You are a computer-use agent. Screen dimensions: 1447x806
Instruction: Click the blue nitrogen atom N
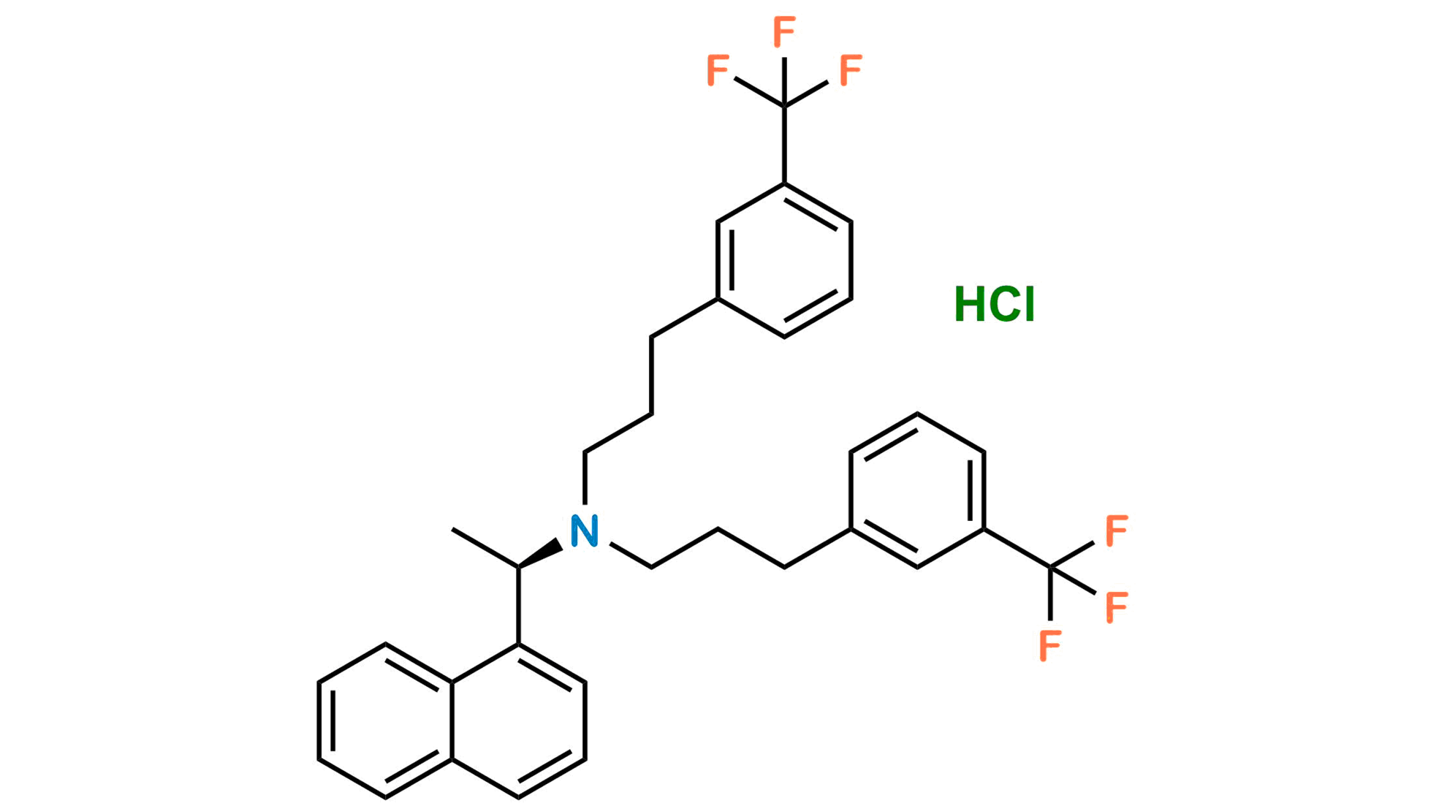(x=585, y=531)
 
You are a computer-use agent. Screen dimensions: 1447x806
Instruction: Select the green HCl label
(x=995, y=304)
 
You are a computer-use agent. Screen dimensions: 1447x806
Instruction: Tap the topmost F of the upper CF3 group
(x=784, y=33)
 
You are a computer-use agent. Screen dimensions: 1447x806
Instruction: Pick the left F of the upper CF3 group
(x=718, y=71)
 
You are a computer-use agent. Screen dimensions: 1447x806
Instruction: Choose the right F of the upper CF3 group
(x=851, y=71)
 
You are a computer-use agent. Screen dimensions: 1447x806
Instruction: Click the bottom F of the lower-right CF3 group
(x=1050, y=646)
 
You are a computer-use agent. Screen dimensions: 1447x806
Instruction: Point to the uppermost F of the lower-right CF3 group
(x=1117, y=531)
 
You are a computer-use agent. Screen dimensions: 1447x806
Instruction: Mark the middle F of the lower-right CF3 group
(x=1117, y=607)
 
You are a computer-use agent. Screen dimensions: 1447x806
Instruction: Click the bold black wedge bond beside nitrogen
(x=540, y=554)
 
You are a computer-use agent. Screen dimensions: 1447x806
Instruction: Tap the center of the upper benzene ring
(x=784, y=261)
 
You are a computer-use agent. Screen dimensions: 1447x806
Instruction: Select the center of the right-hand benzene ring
(x=917, y=491)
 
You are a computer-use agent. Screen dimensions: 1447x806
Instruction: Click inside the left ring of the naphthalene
(x=385, y=721)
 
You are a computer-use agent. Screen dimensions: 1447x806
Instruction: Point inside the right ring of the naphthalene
(x=518, y=721)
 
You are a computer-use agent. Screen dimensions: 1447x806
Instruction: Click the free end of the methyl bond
(x=452, y=529)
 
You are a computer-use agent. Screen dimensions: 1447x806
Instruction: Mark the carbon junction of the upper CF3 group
(x=784, y=107)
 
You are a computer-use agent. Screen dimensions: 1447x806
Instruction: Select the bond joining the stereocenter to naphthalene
(x=518, y=606)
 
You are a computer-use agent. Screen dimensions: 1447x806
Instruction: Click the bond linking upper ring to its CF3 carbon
(x=784, y=145)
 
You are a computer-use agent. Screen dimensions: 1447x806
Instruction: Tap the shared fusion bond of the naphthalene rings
(x=452, y=721)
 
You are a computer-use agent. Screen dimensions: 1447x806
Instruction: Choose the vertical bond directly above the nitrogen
(x=585, y=479)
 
